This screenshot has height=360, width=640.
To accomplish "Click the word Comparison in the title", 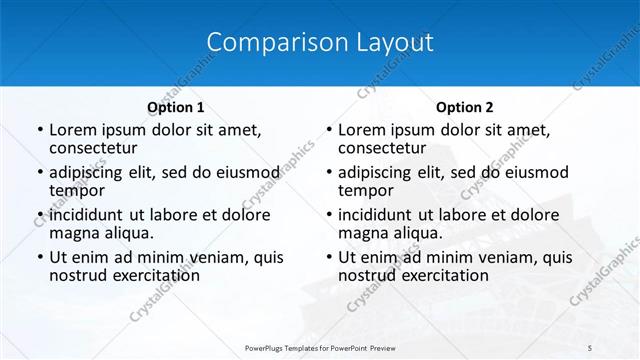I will tap(262, 42).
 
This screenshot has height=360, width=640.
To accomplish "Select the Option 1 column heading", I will tap(176, 107).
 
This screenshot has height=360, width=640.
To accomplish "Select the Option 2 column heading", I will tap(465, 107).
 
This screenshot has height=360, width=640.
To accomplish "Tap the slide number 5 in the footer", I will tap(590, 347).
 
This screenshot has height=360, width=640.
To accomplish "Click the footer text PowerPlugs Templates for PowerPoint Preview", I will tap(321, 347).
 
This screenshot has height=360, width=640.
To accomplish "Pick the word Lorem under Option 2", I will tap(363, 130).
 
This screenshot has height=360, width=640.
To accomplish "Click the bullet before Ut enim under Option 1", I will tap(39, 258).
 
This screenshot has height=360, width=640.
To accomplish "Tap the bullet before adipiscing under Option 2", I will tap(328, 173).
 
